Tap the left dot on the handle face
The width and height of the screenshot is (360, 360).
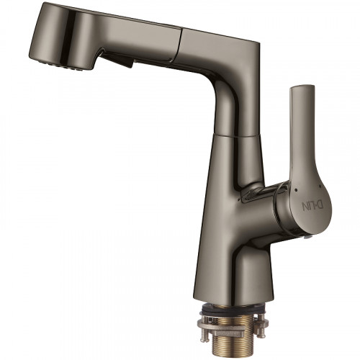pos(296,190)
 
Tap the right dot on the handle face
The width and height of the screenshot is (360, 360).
pos(320,186)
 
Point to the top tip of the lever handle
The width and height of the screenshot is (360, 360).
pos(302,85)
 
